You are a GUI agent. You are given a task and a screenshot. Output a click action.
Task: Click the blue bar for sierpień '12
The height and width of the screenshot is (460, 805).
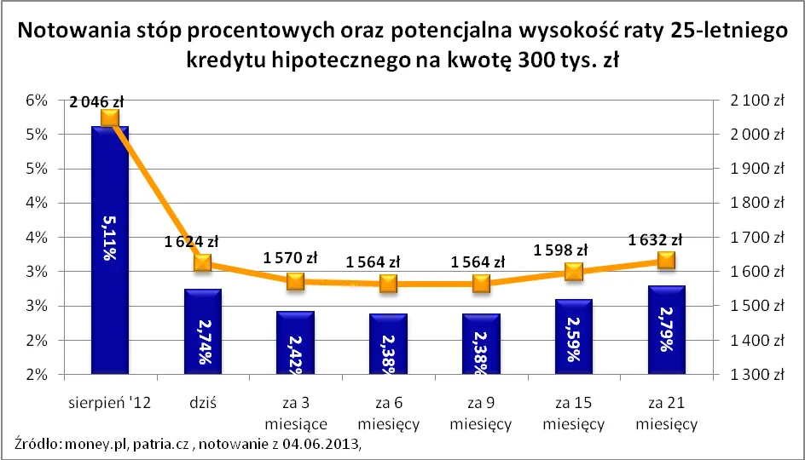109,250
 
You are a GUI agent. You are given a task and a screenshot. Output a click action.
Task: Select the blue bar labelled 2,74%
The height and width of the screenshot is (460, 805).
202,332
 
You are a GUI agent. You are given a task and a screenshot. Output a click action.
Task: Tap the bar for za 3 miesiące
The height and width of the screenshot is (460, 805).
295,342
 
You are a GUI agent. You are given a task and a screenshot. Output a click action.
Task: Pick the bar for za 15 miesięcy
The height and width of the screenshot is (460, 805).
573,336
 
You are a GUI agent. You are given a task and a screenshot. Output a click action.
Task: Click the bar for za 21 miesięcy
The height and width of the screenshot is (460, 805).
666,330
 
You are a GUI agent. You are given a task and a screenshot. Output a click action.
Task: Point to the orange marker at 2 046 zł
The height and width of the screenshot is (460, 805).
109,118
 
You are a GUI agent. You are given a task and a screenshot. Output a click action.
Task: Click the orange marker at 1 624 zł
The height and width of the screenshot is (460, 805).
202,262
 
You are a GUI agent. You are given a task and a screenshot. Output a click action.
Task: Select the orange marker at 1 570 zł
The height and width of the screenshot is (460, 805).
295,281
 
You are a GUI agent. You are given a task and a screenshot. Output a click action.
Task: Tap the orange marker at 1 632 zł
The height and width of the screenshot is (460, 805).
666,260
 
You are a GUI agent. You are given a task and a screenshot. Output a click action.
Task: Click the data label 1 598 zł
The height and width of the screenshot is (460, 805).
560,250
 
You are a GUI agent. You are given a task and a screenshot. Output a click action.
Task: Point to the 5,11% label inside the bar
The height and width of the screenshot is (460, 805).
110,239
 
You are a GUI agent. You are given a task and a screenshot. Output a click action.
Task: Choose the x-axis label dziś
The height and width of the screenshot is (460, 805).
202,403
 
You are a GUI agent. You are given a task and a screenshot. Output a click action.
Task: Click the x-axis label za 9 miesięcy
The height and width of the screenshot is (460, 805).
480,413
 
